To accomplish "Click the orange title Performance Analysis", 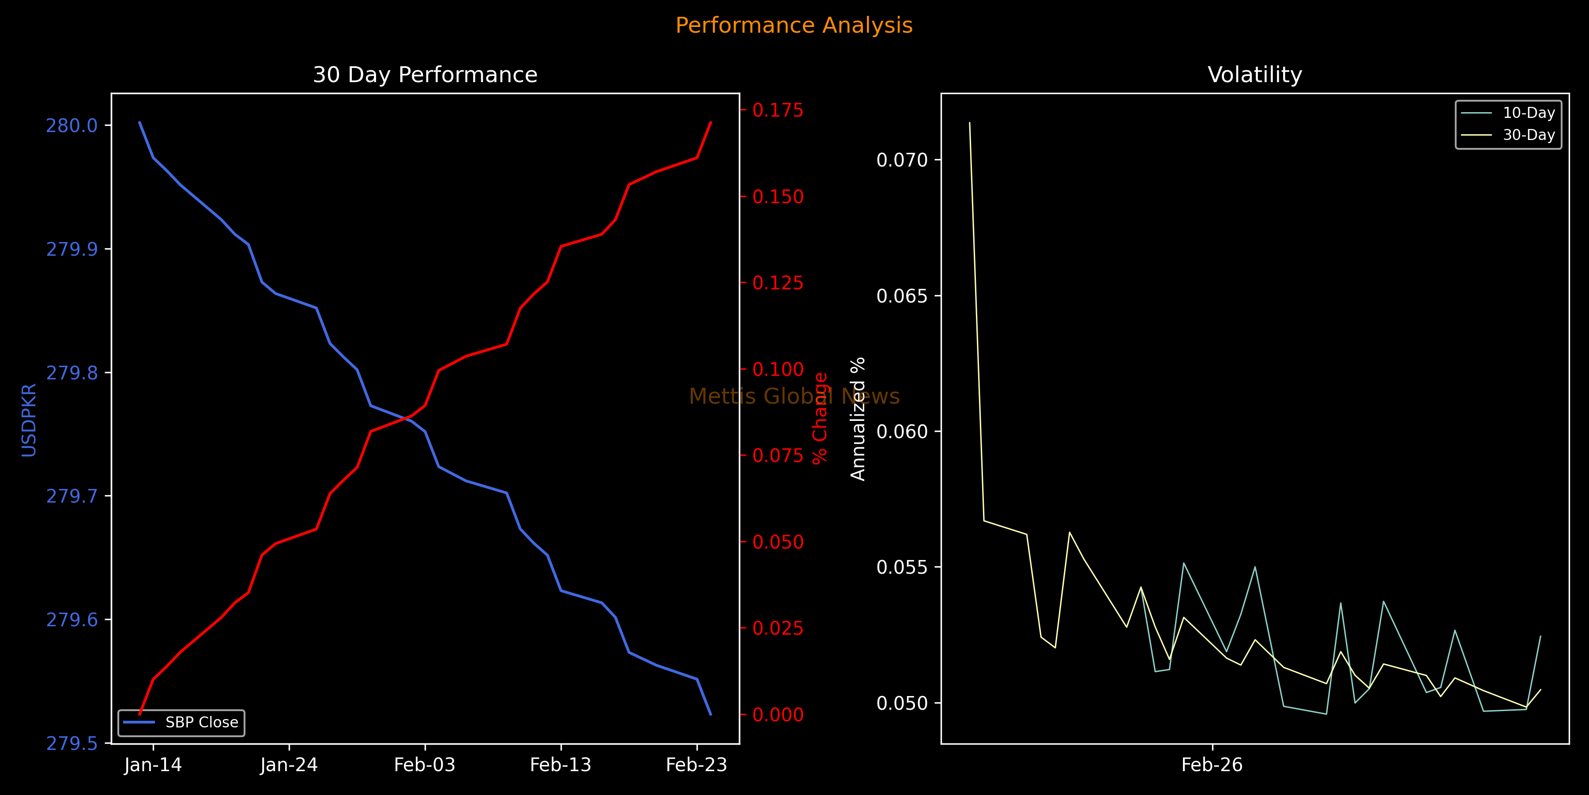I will click(794, 25).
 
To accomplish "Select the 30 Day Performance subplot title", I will click(425, 75).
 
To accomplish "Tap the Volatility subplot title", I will click(1255, 75).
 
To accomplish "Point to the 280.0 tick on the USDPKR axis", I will click(72, 126).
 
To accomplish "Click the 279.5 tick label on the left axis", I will click(72, 743).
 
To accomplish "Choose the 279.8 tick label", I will click(72, 373).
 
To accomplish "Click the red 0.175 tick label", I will click(778, 110).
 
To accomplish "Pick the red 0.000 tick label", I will click(778, 715).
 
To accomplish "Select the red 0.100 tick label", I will click(778, 370).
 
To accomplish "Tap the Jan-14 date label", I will click(153, 765).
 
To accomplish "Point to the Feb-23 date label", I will click(697, 765).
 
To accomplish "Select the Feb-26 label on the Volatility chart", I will click(1212, 765).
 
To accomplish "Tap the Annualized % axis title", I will click(858, 419).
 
